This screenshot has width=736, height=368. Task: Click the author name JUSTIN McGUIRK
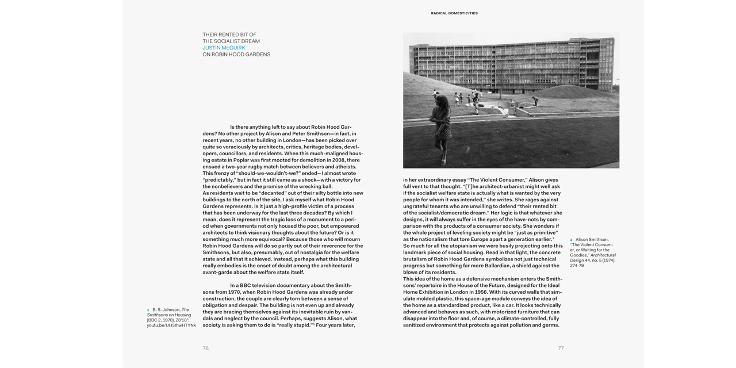coord(224,48)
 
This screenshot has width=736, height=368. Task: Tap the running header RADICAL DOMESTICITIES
coord(454,13)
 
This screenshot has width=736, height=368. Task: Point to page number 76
coord(205,348)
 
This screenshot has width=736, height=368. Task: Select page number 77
coord(561,348)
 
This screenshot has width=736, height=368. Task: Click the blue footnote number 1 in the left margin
coord(148,310)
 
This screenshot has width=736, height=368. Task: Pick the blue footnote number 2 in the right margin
coord(572,240)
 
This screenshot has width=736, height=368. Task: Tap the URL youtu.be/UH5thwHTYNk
coord(171,325)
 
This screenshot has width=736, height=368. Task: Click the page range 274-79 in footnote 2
coord(577,266)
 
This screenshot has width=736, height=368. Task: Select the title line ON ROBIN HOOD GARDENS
coord(236,55)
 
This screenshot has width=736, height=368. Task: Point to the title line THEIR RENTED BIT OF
coord(229,34)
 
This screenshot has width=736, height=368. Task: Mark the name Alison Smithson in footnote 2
coord(592,240)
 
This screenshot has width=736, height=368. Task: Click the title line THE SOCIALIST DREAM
coord(231,41)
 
